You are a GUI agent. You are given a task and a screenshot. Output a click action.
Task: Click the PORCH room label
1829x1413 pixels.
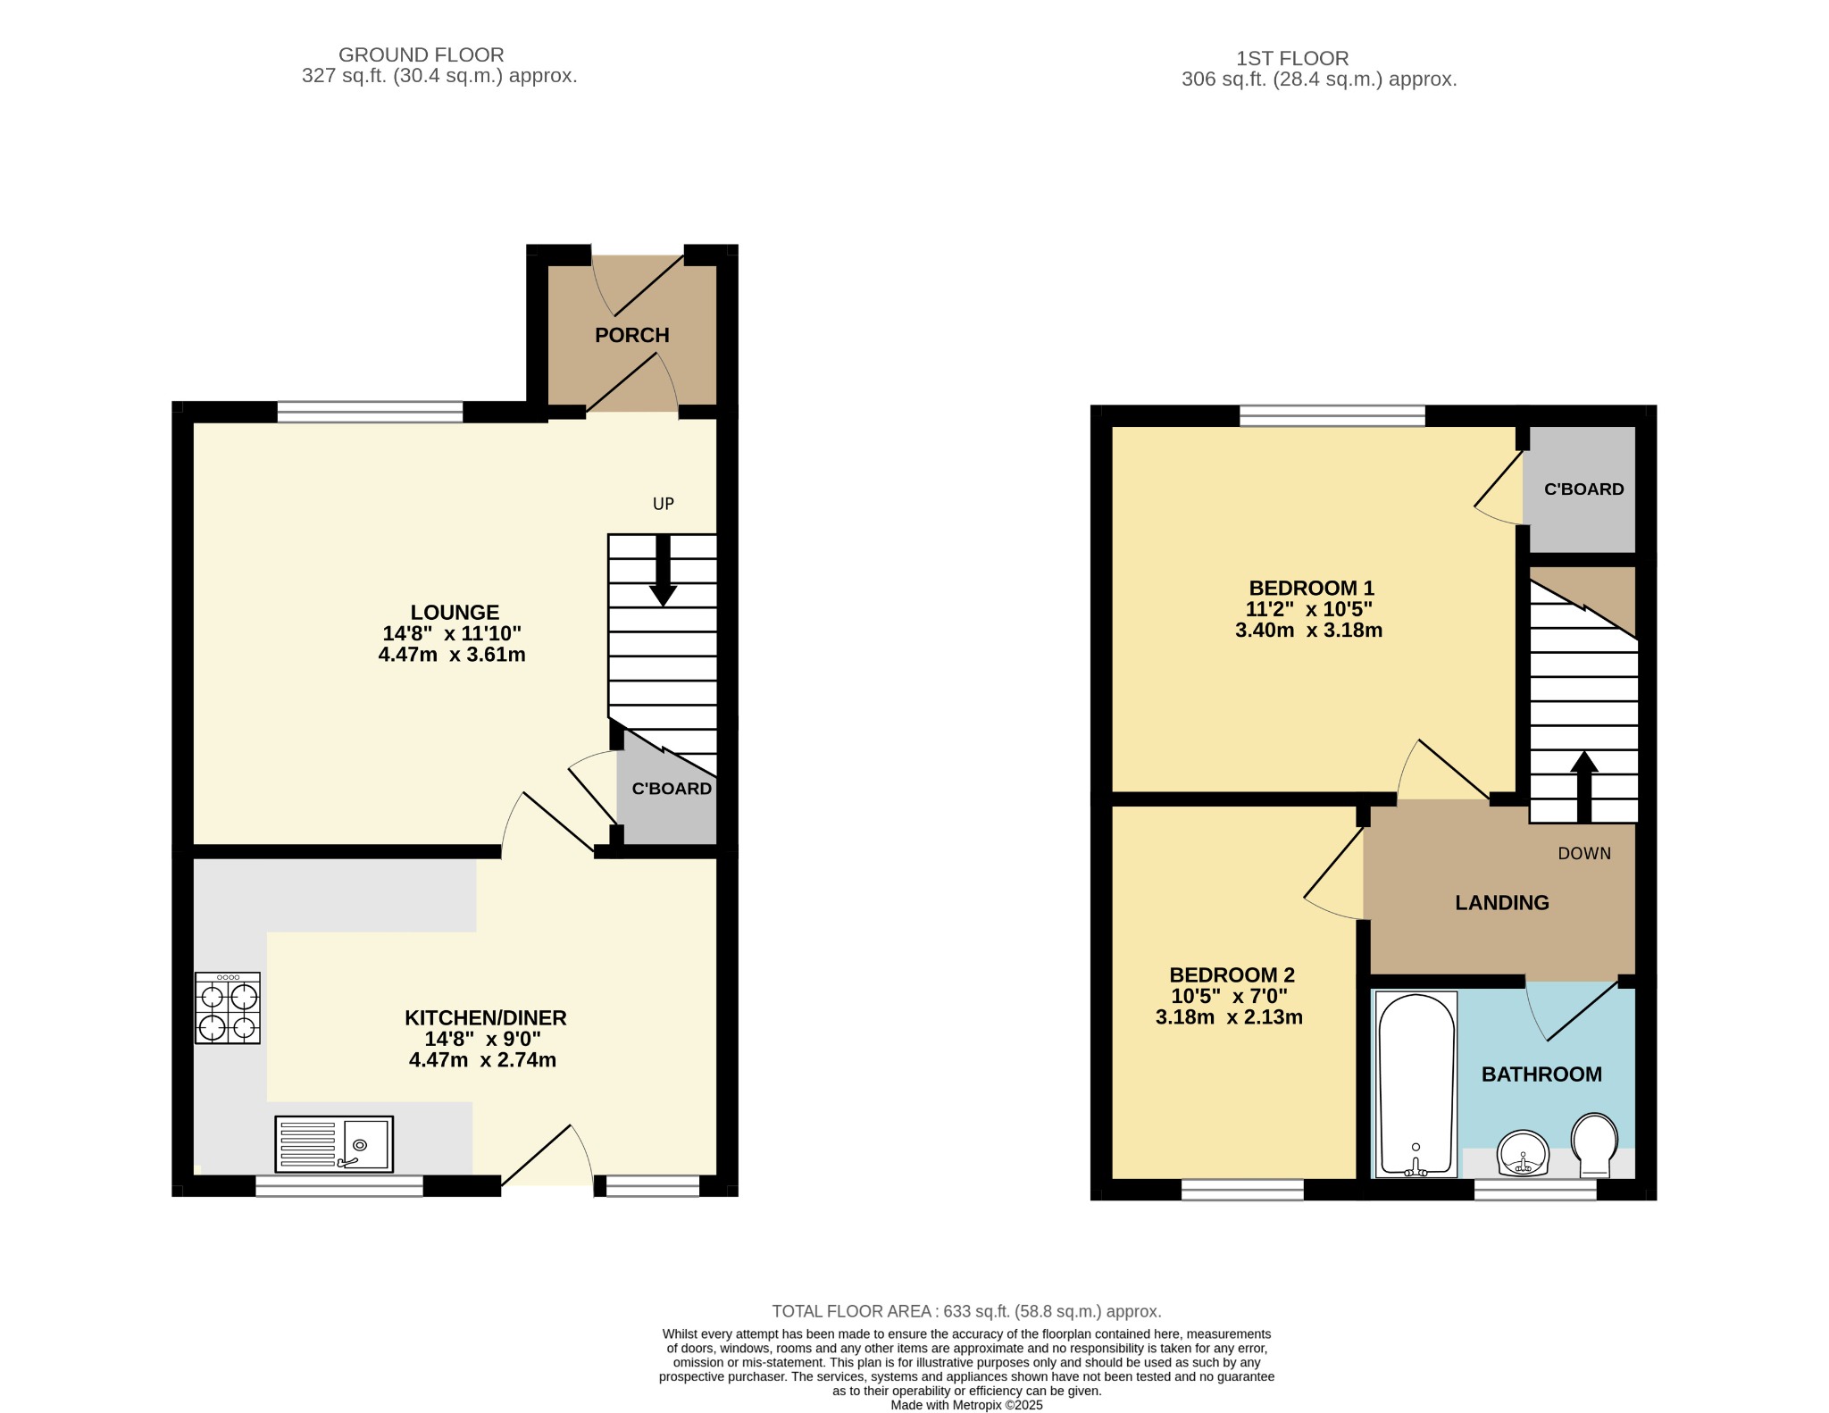coord(631,335)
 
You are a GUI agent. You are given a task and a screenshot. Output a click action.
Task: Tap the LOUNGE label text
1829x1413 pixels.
coord(455,613)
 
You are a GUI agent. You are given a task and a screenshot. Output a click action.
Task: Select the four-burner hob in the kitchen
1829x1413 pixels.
coord(228,1008)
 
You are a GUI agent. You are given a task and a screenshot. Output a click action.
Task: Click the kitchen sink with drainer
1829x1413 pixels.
coord(334,1144)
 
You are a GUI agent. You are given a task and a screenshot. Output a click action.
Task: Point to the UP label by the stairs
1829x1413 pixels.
coord(664,504)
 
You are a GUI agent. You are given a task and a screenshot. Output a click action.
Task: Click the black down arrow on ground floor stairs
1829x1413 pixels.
coord(663,570)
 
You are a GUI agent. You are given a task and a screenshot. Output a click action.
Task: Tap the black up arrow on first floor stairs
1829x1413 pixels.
coord(1584,786)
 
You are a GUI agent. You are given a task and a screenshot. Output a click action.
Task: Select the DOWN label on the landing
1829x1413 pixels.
coord(1584,854)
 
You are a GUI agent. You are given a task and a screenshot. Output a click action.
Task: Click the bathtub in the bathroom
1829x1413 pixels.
coord(1417,1084)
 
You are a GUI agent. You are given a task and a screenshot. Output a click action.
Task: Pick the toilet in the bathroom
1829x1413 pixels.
coord(1594,1145)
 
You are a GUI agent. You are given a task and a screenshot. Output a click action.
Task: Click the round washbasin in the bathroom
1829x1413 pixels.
coord(1523,1154)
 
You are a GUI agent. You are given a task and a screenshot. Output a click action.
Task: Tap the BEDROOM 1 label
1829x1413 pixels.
coord(1311,589)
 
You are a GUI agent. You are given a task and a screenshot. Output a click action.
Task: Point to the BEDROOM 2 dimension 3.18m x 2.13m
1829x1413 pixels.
coord(1229,1017)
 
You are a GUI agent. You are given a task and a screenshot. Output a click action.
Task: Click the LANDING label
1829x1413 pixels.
coord(1502,903)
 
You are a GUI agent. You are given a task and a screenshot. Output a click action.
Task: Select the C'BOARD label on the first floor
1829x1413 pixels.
coord(1584,489)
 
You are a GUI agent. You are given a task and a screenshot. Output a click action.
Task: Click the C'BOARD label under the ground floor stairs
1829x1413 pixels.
coord(672,789)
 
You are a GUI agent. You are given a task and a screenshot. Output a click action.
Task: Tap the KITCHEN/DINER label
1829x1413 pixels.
coord(486,1018)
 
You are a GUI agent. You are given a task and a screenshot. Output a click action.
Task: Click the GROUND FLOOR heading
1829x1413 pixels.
coord(422,55)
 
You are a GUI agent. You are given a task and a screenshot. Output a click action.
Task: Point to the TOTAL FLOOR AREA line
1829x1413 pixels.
coord(966,1311)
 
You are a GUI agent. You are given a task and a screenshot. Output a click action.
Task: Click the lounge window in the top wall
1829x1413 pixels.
coord(370,412)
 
